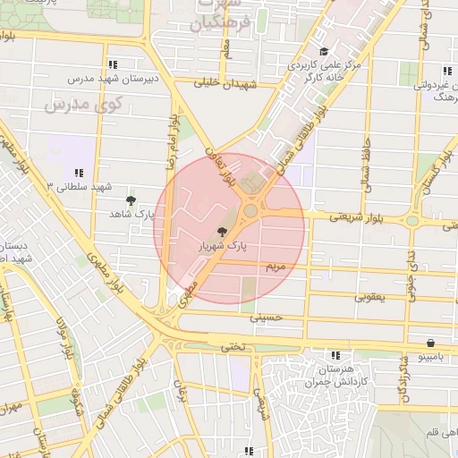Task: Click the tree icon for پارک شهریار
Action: (x=222, y=232)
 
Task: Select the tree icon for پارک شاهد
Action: (x=131, y=200)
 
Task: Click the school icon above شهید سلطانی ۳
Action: (x=80, y=173)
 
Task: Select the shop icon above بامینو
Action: (x=431, y=343)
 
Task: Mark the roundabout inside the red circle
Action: (x=250, y=211)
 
